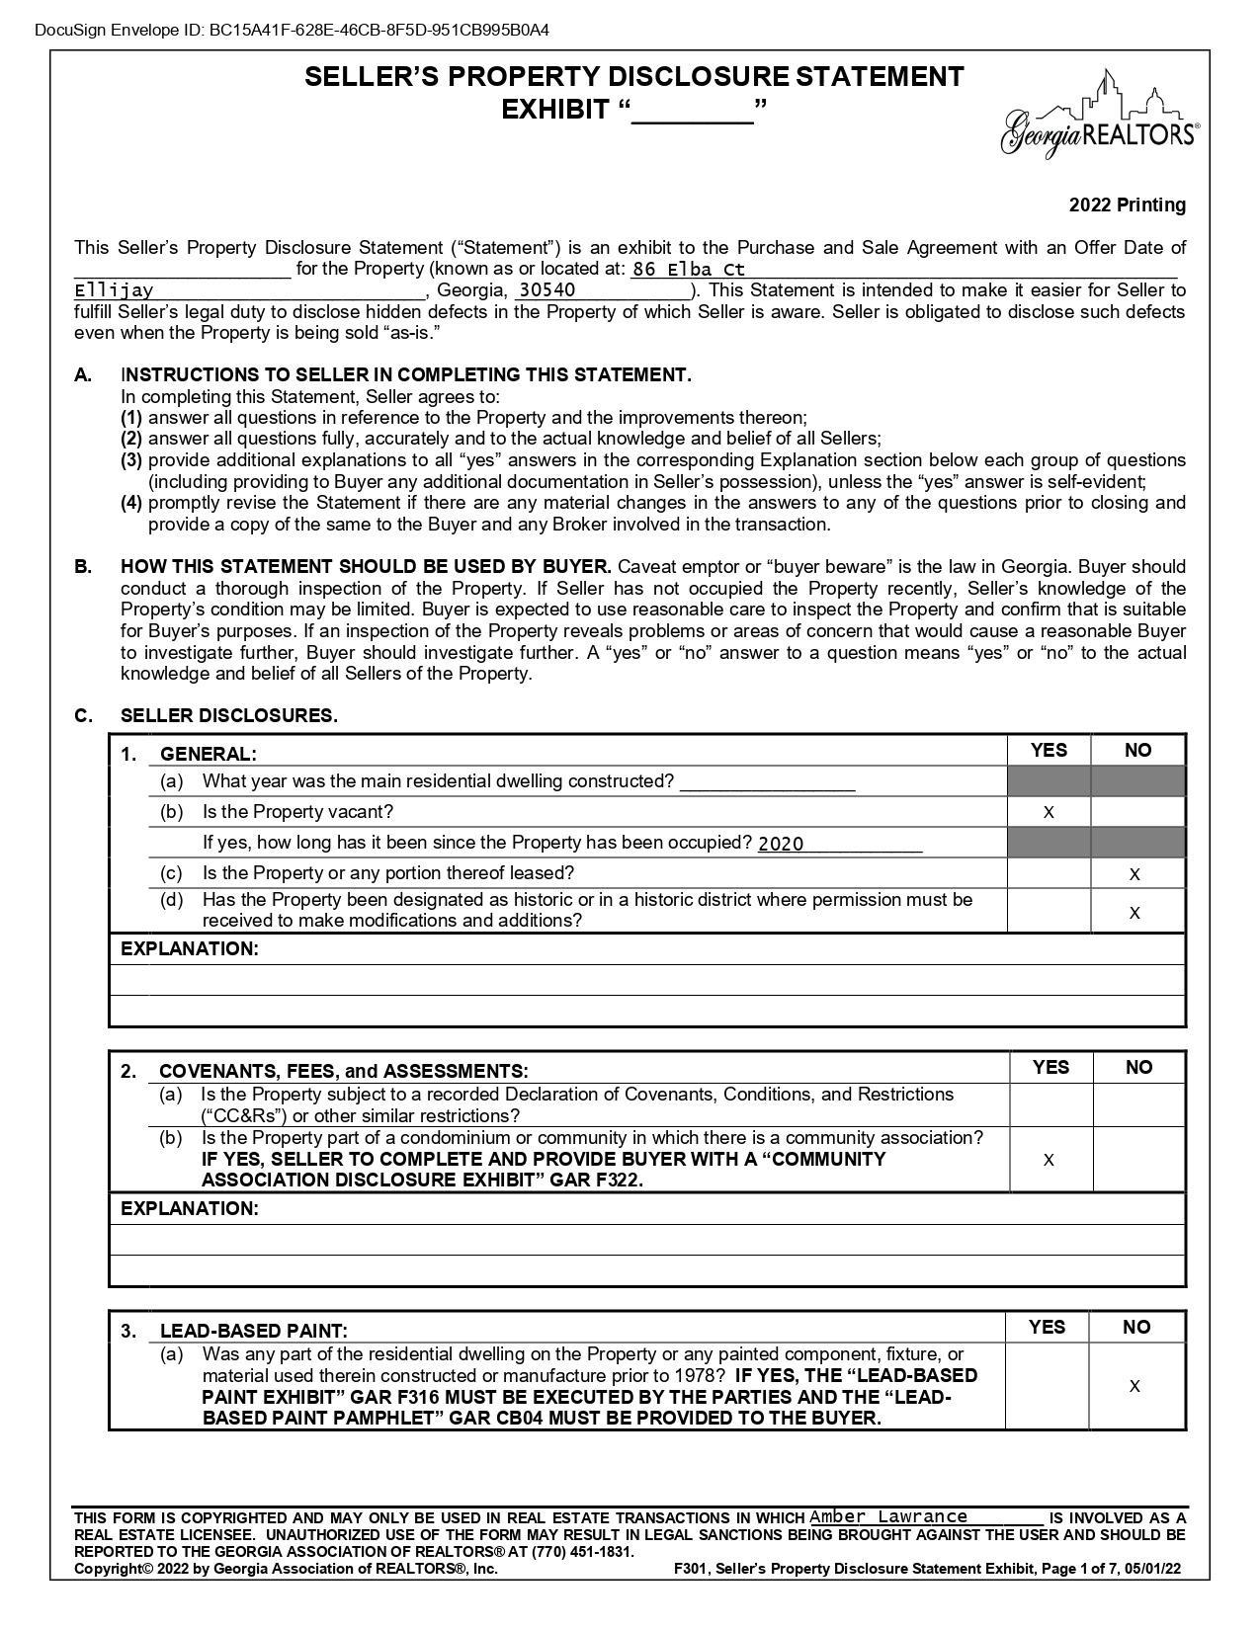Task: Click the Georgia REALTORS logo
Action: click(1099, 116)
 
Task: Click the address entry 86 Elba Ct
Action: click(689, 269)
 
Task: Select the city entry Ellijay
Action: click(115, 290)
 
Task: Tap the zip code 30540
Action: click(546, 290)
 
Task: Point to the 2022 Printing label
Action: click(1127, 205)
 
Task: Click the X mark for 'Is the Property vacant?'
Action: click(1049, 812)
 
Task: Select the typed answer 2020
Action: click(781, 844)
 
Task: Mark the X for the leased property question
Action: click(1134, 873)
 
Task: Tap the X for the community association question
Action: click(1049, 1159)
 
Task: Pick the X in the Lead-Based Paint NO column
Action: click(1134, 1386)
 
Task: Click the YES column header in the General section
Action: click(1049, 750)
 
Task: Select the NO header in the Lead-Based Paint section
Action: click(1136, 1327)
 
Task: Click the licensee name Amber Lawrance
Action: click(888, 1516)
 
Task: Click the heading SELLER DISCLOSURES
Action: click(228, 715)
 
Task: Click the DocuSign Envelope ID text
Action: click(292, 30)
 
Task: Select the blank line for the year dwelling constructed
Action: click(767, 782)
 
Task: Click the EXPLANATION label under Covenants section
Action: click(189, 1208)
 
